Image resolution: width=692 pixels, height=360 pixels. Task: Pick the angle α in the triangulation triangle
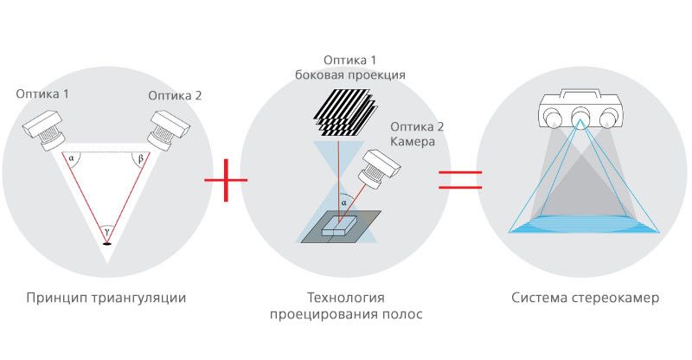click(70, 158)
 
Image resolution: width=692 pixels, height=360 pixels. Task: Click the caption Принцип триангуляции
click(106, 299)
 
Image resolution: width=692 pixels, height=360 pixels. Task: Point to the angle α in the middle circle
click(343, 204)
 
